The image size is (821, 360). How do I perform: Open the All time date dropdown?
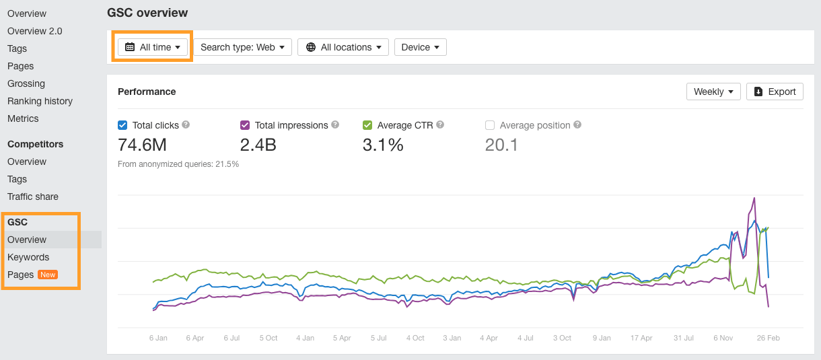click(153, 47)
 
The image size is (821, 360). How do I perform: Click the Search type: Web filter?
click(242, 47)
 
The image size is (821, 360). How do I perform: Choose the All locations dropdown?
click(343, 47)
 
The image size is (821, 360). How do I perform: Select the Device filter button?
click(420, 47)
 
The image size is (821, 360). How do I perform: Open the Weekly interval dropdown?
click(713, 92)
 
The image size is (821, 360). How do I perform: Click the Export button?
click(775, 92)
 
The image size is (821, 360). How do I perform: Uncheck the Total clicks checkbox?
click(122, 125)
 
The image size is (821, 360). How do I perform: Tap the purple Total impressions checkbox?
click(245, 125)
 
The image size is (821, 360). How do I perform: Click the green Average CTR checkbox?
click(367, 125)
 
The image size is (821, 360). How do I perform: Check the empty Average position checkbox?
click(490, 125)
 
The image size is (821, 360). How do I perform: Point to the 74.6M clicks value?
click(142, 145)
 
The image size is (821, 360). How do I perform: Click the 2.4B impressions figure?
click(258, 145)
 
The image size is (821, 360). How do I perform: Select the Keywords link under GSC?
click(28, 257)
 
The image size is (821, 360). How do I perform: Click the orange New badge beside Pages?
click(48, 275)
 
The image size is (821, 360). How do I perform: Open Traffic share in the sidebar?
click(33, 196)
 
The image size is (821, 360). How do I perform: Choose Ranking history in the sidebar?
click(40, 101)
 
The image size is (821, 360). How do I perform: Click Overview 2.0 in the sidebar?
click(34, 31)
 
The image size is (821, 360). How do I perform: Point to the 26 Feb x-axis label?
click(769, 338)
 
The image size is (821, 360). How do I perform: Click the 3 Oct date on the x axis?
click(562, 338)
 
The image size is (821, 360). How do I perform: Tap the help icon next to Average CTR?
click(440, 124)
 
